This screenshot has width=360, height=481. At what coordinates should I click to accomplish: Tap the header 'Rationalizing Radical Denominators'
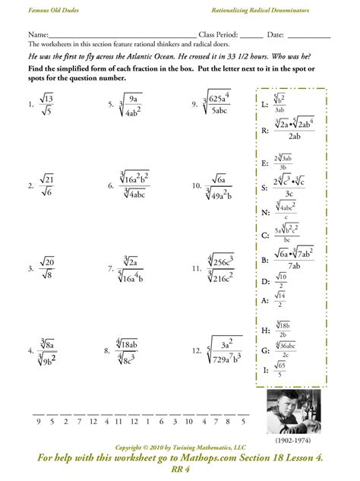(280, 9)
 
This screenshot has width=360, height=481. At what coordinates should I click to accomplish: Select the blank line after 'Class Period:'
(252, 36)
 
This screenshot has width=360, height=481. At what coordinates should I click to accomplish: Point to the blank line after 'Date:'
(308, 36)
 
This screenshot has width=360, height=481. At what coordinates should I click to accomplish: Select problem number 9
(194, 102)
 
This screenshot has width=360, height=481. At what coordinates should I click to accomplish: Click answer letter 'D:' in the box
(265, 281)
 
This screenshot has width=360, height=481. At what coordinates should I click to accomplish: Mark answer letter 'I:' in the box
(265, 369)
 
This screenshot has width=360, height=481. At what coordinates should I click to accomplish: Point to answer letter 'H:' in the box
(265, 331)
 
